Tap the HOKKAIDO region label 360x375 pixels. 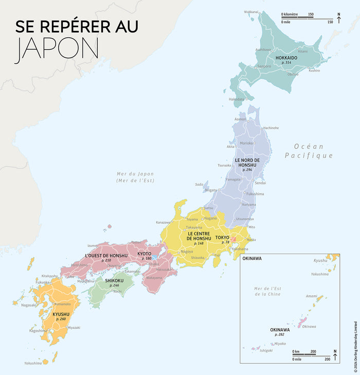click(286, 57)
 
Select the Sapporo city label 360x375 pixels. click(264, 66)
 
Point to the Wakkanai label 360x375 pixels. click(251, 11)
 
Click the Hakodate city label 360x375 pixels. click(237, 99)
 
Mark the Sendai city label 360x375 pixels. click(260, 183)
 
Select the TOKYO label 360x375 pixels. click(222, 237)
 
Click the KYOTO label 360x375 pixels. click(145, 254)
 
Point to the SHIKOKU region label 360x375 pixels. click(114, 280)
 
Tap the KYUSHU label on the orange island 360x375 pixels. click(61, 314)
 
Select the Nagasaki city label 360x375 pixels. click(29, 305)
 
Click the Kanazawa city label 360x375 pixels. click(164, 222)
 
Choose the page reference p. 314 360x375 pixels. click(286, 62)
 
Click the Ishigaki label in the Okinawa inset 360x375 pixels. click(266, 350)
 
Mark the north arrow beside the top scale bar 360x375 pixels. click(338, 16)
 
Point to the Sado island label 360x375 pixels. click(199, 184)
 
